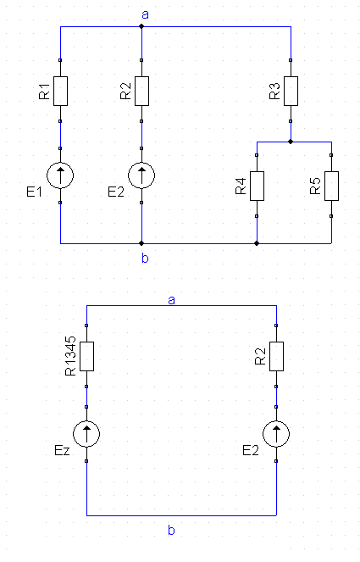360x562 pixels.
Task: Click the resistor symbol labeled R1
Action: pyautogui.click(x=60, y=91)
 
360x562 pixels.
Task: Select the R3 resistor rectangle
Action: pyautogui.click(x=291, y=91)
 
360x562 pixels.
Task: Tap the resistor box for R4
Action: pyautogui.click(x=257, y=186)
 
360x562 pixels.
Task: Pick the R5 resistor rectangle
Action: pyautogui.click(x=331, y=186)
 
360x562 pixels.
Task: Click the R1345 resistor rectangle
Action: pyautogui.click(x=86, y=356)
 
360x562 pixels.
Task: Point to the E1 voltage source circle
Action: pyautogui.click(x=60, y=175)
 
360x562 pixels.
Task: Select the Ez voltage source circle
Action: pyautogui.click(x=86, y=434)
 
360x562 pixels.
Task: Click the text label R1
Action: pyautogui.click(x=44, y=92)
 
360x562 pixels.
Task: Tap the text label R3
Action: pyautogui.click(x=274, y=92)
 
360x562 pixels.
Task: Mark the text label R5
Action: pyautogui.click(x=315, y=186)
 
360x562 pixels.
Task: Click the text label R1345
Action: pyautogui.click(x=70, y=355)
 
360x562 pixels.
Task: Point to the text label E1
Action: pyautogui.click(x=35, y=192)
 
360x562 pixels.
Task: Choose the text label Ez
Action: pyautogui.click(x=62, y=450)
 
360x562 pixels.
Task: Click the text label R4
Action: pyautogui.click(x=241, y=186)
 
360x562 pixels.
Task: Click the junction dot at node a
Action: pyautogui.click(x=141, y=26)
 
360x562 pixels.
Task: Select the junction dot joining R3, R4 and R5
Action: pyautogui.click(x=291, y=142)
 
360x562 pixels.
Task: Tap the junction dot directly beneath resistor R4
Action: pyautogui.click(x=257, y=243)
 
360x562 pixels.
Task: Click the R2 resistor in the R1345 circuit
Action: pyautogui.click(x=276, y=356)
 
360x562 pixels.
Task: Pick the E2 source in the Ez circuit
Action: pyautogui.click(x=276, y=434)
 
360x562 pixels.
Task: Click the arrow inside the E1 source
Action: pyautogui.click(x=60, y=175)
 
